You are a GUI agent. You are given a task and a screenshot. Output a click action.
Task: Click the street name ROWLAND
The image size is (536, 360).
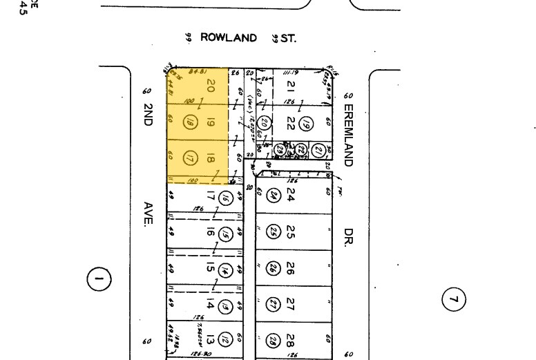228,38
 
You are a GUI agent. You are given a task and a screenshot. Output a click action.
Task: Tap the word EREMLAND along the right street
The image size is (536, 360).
348,135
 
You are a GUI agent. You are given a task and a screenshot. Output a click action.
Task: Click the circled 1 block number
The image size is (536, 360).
98,279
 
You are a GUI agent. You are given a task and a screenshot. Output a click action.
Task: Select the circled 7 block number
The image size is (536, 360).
454,299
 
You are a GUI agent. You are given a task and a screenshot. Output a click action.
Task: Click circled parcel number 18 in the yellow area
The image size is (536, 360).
189,123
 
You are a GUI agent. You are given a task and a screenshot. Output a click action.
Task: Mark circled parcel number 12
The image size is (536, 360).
225,339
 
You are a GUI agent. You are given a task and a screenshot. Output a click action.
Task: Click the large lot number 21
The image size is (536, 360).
291,86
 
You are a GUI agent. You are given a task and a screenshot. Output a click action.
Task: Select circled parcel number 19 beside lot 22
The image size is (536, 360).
309,124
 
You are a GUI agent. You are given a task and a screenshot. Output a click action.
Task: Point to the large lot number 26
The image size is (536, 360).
291,267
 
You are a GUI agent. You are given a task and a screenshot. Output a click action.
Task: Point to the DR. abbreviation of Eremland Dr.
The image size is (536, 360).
348,238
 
